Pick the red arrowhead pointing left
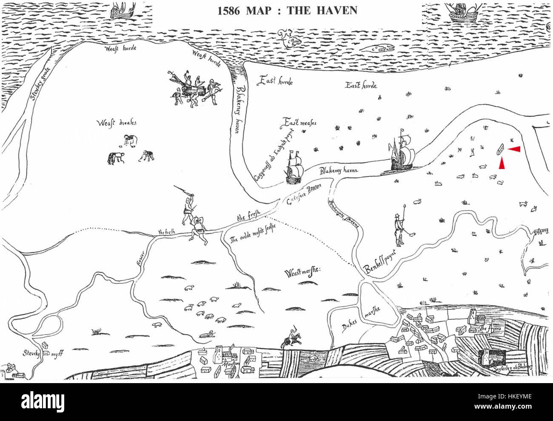tap(514, 148)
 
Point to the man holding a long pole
tap(399, 226)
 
